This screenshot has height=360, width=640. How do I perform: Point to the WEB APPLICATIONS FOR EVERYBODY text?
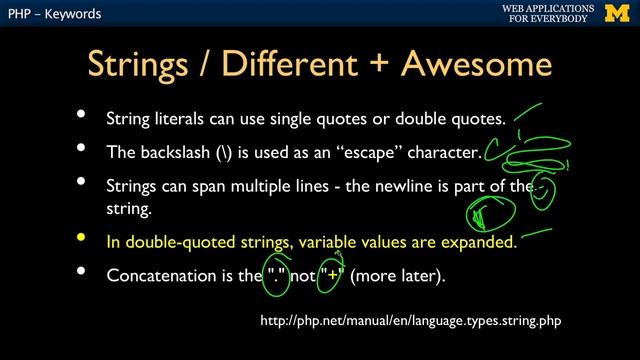click(547, 13)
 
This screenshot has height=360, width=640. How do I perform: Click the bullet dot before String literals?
click(81, 116)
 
